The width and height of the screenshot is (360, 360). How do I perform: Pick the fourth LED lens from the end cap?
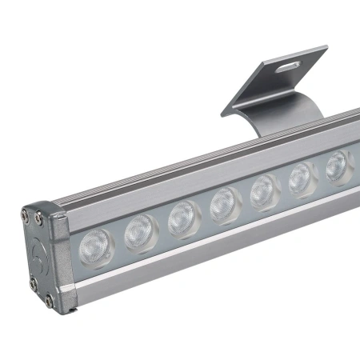tap(226, 205)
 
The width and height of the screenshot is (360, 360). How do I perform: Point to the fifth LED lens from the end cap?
tap(264, 192)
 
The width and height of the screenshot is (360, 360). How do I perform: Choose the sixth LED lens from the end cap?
tap(302, 178)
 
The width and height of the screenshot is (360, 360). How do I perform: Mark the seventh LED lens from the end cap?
tap(338, 165)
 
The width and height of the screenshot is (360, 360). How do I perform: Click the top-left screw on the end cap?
tap(27, 215)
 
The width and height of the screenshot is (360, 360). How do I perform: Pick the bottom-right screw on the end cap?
tap(50, 301)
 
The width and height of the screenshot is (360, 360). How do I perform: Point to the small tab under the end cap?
tap(70, 308)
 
